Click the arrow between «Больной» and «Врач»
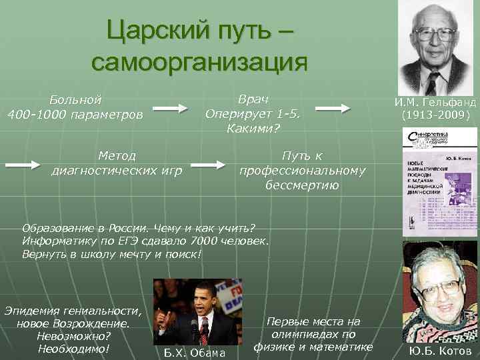pyautogui.click(x=172, y=108)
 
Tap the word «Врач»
pyautogui.click(x=253, y=99)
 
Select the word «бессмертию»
pyautogui.click(x=303, y=185)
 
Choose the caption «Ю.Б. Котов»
pyautogui.click(x=441, y=351)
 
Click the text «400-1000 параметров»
pyautogui.click(x=75, y=115)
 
